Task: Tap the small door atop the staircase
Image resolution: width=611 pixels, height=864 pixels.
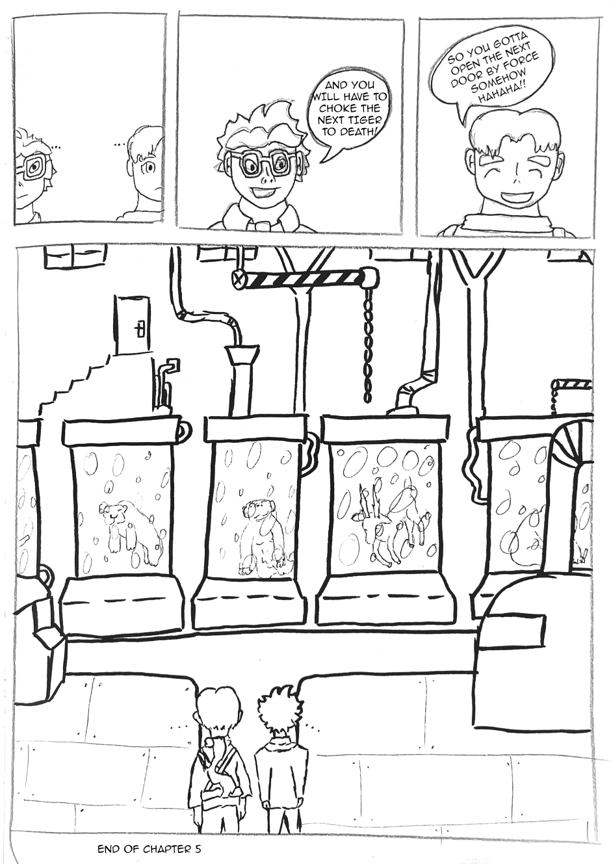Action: click(x=131, y=325)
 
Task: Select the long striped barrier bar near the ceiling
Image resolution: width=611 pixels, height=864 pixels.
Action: click(x=305, y=278)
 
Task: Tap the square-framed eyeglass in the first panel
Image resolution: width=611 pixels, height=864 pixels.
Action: click(x=34, y=168)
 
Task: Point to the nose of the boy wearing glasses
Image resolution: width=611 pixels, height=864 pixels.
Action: click(x=263, y=178)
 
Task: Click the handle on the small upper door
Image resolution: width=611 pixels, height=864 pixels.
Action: click(x=139, y=330)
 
